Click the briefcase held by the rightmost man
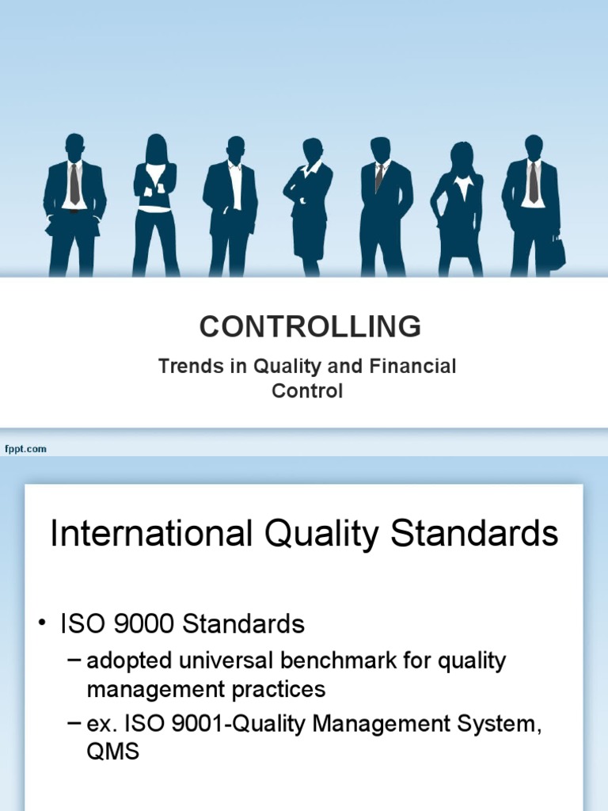(x=557, y=253)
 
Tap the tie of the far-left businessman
(x=74, y=184)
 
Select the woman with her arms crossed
(x=155, y=206)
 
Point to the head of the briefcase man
(x=534, y=146)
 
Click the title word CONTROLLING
(x=310, y=326)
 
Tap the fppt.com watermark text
(x=25, y=449)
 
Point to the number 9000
(x=146, y=624)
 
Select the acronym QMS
(x=112, y=752)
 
